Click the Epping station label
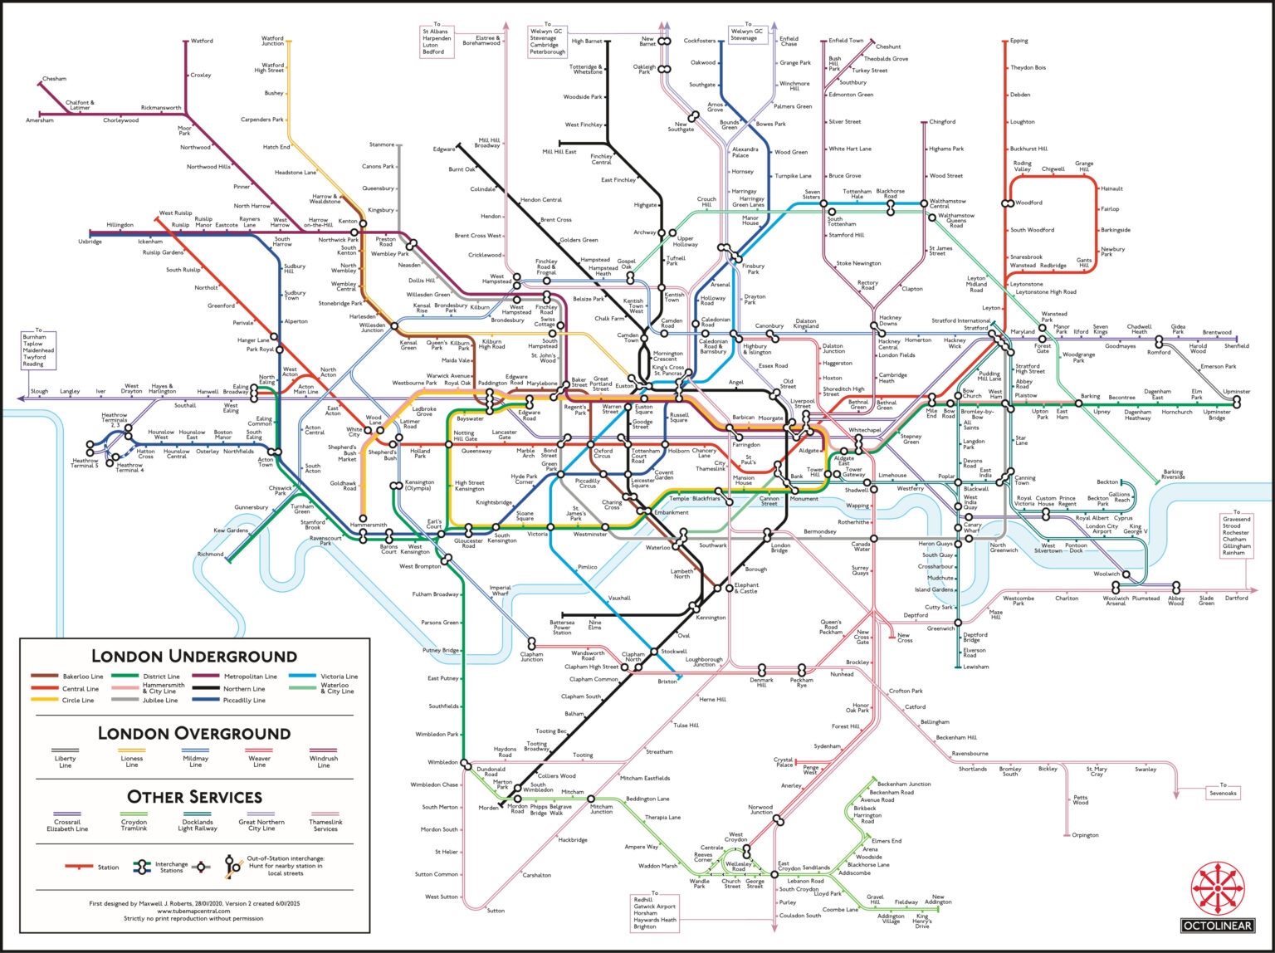coord(1019,41)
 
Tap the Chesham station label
coord(54,79)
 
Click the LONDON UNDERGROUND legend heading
coord(194,656)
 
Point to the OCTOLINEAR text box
coord(1217,925)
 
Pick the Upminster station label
coord(1237,391)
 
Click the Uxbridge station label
coord(90,242)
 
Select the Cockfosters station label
coord(699,41)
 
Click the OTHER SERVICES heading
coord(194,797)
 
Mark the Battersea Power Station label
coord(562,627)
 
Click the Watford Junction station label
coord(272,41)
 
